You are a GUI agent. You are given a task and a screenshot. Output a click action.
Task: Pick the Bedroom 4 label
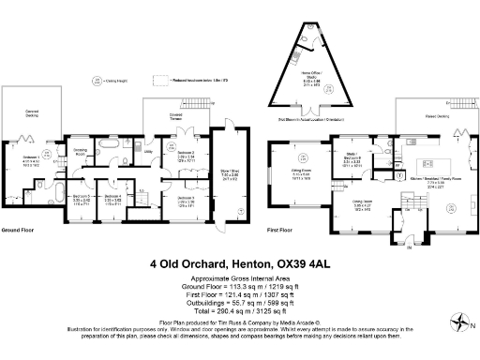(112, 198)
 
